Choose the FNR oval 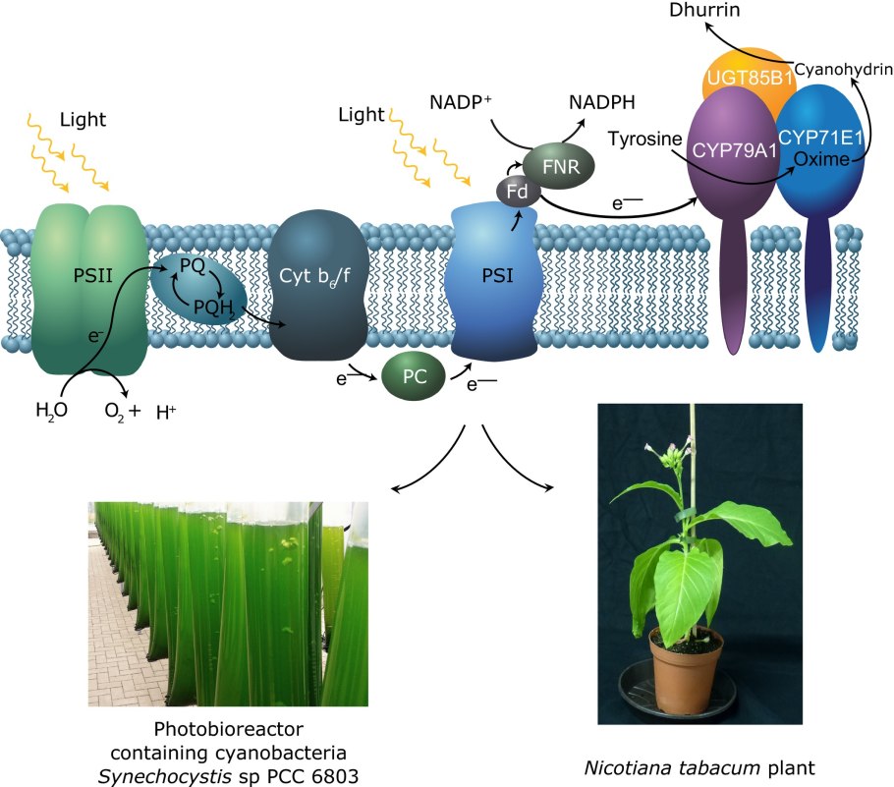click(558, 166)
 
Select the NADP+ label click(461, 100)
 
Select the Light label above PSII click(83, 120)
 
